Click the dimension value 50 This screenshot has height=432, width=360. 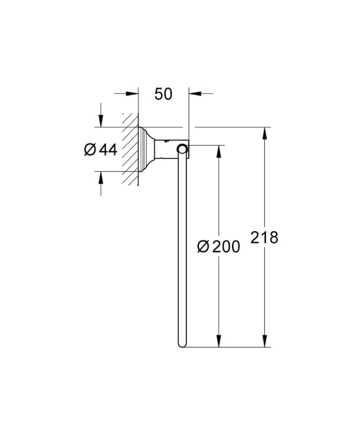(x=163, y=93)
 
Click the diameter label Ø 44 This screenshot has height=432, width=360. (x=101, y=150)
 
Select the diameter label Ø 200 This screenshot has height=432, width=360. (x=218, y=246)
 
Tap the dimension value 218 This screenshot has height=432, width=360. (x=264, y=238)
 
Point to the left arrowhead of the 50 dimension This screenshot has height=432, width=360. (x=132, y=93)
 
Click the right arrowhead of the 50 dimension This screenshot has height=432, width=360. (x=195, y=93)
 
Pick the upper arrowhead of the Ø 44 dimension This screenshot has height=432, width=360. (x=101, y=121)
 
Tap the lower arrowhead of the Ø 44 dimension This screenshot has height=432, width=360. (x=101, y=178)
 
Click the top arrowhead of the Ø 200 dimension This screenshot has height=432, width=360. (x=219, y=152)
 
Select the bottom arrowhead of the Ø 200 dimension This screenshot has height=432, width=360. (x=219, y=341)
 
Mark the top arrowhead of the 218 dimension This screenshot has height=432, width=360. (x=265, y=133)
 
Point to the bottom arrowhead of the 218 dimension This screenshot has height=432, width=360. (x=265, y=341)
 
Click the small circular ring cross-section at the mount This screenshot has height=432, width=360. (x=182, y=149)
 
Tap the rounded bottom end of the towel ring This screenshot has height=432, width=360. (x=182, y=345)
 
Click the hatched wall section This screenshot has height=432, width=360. (x=130, y=149)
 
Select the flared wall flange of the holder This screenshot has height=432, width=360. (x=146, y=149)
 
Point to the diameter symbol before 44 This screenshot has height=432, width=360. (x=90, y=150)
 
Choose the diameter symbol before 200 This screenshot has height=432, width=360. (x=203, y=246)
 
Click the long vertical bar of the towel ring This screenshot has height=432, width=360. (x=182, y=248)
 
